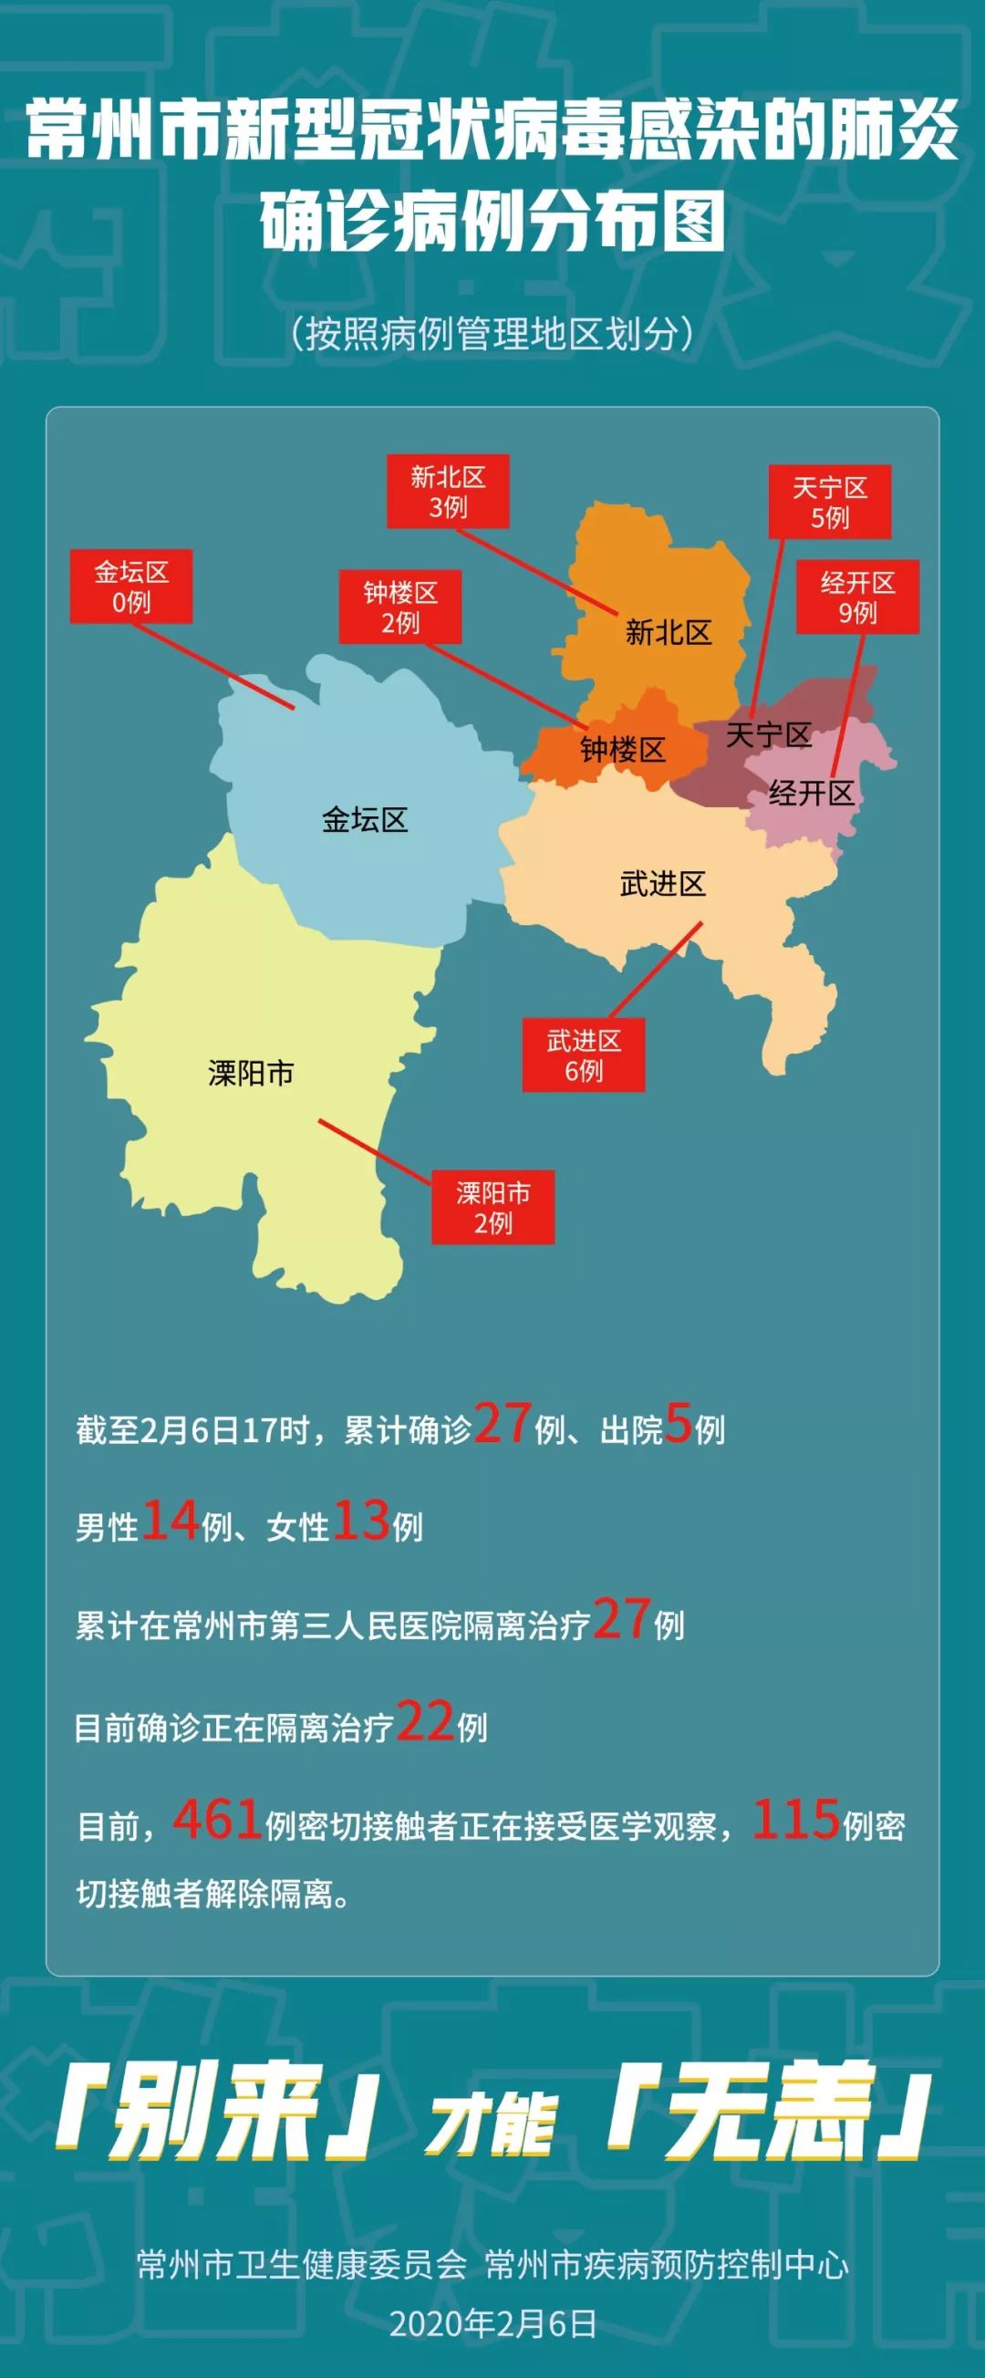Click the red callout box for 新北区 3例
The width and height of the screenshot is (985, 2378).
[x=448, y=491]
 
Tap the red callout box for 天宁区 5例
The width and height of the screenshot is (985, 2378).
[x=829, y=502]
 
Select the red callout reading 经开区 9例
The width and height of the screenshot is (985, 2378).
[x=857, y=597]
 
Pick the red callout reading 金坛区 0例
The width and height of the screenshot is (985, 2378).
[x=131, y=587]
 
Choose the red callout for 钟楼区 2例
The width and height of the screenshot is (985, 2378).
[x=399, y=607]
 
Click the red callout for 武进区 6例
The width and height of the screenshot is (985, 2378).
[x=584, y=1055]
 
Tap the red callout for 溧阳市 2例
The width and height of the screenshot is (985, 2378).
[x=493, y=1208]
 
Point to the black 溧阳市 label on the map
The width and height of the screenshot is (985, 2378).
[x=251, y=1073]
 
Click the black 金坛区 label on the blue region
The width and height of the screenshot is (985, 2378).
[x=365, y=819]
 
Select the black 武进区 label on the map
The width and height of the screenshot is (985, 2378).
[x=663, y=884]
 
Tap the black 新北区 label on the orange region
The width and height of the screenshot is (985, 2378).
[x=669, y=632]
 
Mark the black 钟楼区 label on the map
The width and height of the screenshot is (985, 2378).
[x=622, y=750]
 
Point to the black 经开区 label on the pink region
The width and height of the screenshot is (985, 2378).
[x=812, y=792]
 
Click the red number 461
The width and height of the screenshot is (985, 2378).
[x=217, y=1820]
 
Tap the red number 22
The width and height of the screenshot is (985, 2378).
[x=425, y=1720]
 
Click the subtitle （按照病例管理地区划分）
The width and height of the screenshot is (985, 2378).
[x=492, y=333]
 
